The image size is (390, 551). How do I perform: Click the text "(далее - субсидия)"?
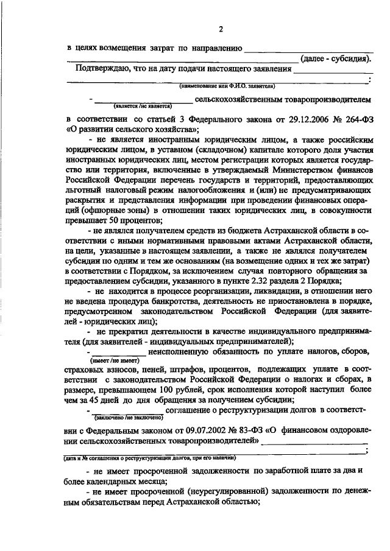click(x=336, y=58)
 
